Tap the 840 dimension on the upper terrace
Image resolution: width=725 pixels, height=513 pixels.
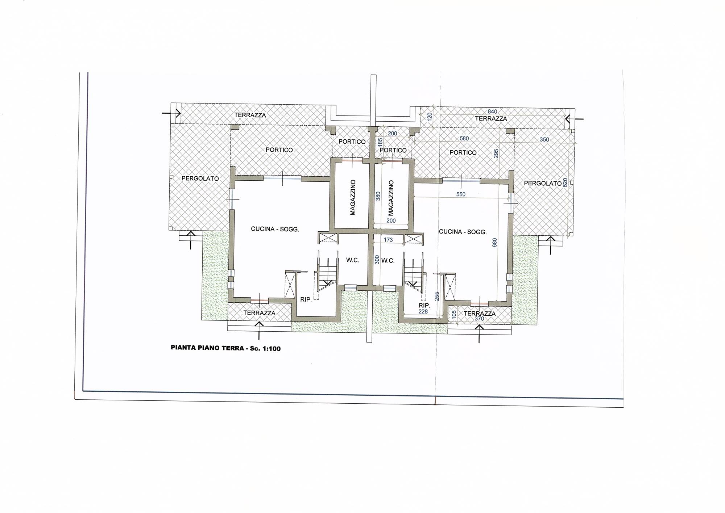492,112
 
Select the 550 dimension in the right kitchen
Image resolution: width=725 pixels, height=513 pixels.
460,194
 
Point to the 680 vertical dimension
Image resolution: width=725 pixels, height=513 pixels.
495,242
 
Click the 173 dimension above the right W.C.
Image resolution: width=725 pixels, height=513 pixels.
388,240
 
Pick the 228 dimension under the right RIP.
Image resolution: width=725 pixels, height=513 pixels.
423,311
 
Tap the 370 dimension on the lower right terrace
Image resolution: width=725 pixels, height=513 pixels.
479,319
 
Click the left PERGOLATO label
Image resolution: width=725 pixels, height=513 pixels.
200,178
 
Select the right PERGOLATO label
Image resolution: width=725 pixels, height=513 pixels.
543,184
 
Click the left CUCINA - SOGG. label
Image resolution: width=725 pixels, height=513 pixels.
275,229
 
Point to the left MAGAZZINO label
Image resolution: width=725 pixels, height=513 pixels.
353,198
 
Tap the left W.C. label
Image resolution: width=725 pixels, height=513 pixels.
352,260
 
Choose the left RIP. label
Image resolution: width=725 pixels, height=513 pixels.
306,300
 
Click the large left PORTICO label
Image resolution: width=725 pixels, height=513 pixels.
279,150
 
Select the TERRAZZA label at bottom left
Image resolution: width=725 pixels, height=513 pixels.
259,313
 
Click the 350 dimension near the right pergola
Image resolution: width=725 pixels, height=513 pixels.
544,139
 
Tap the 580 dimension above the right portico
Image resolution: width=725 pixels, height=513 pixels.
464,138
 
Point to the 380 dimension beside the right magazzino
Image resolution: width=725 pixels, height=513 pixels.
378,196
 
